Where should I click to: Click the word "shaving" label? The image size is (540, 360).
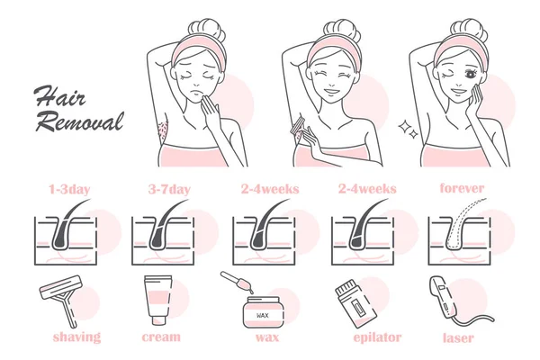tap(76, 337)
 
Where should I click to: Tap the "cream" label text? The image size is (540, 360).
tap(161, 337)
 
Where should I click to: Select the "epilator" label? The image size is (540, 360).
tap(377, 337)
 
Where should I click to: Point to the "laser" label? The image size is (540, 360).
tap(458, 337)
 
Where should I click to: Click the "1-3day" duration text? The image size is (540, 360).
tap(69, 189)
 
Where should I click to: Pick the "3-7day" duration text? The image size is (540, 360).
tap(169, 189)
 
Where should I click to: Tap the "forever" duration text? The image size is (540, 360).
tap(462, 188)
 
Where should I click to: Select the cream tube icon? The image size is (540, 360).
tap(158, 300)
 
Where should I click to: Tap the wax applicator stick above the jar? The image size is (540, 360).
tap(237, 282)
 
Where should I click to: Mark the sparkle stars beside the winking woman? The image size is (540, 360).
tap(409, 130)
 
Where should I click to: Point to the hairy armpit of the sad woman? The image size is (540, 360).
tap(162, 130)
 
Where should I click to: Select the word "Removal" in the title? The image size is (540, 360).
tap(80, 122)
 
